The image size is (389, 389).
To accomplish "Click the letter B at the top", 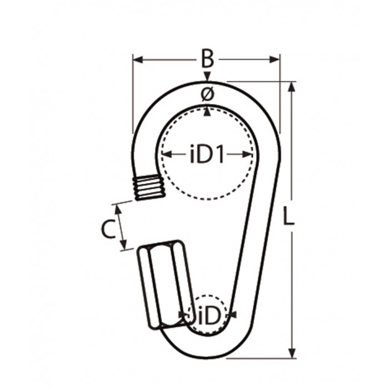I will click(x=207, y=57).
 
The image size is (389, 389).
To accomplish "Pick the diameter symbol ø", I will click(x=207, y=95).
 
